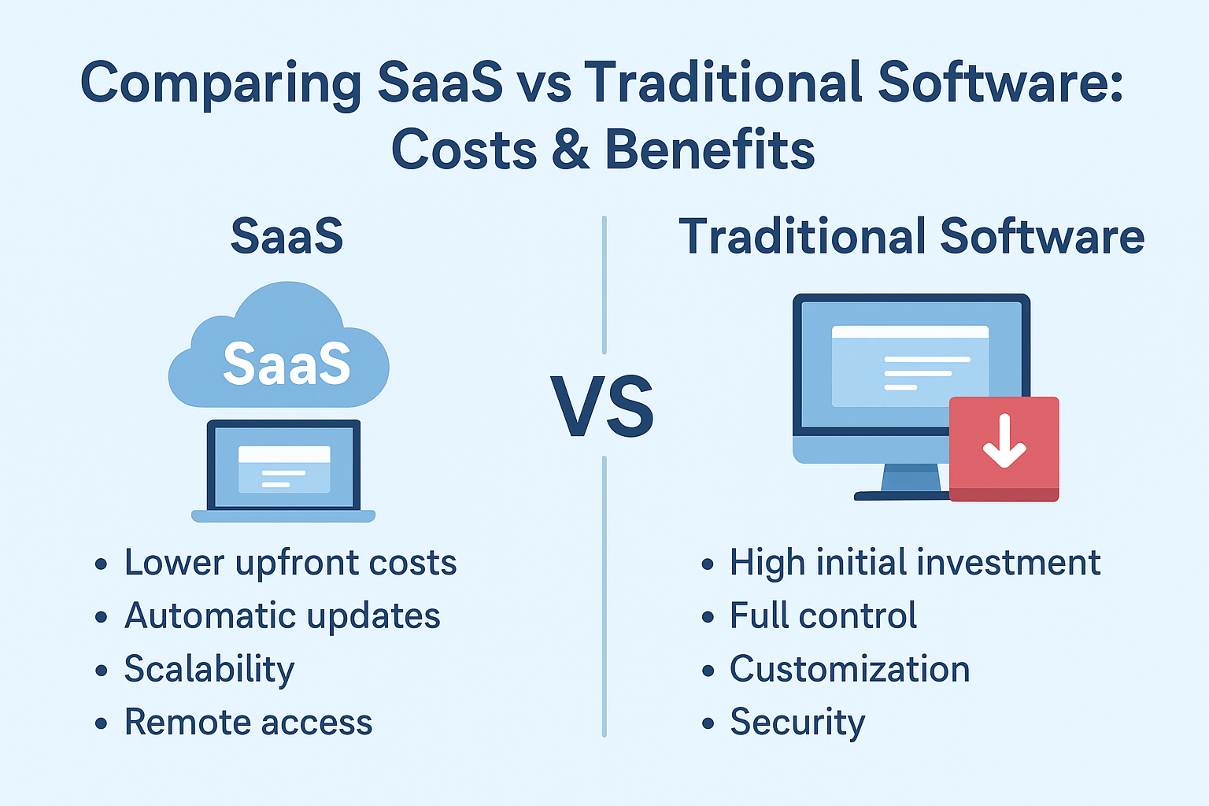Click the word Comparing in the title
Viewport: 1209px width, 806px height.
click(220, 84)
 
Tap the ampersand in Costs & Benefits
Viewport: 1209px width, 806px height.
click(571, 150)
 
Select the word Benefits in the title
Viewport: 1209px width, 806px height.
click(710, 149)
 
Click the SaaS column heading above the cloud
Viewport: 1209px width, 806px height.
click(287, 236)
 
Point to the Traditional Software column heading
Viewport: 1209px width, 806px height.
click(911, 236)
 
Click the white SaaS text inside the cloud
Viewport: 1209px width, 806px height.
click(287, 364)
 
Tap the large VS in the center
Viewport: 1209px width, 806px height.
click(602, 405)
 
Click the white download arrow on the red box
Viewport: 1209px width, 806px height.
click(1004, 441)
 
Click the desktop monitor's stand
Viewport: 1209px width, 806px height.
click(911, 477)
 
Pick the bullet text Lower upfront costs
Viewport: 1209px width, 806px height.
click(290, 563)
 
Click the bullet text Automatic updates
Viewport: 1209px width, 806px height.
click(283, 616)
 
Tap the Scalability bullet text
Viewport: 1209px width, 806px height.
click(209, 670)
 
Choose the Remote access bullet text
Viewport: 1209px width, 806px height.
click(248, 722)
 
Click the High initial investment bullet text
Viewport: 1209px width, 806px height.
click(915, 563)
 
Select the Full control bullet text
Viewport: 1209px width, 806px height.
click(823, 616)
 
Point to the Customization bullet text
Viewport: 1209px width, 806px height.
click(849, 669)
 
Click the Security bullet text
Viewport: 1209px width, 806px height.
click(797, 723)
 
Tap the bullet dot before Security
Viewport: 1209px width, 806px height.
click(708, 723)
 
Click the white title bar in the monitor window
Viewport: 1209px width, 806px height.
click(910, 331)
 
